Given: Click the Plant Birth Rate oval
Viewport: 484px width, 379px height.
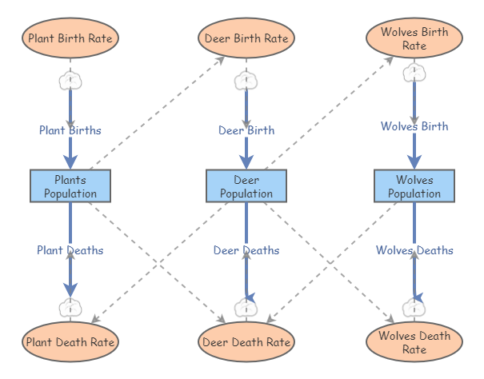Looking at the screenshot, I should [70, 38].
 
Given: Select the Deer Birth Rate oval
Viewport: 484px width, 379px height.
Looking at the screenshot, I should [246, 38].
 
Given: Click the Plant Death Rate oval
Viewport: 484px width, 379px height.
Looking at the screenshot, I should [70, 342].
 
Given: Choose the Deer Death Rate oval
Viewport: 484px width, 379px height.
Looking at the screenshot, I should [246, 342].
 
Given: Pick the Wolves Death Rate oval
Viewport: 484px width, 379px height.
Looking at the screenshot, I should [414, 342].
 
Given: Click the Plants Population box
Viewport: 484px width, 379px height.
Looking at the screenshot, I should [70, 186].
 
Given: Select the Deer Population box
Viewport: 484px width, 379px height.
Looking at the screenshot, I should [246, 186].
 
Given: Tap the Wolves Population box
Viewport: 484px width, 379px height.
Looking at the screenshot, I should [414, 186].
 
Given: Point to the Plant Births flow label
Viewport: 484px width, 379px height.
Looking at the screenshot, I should [70, 130].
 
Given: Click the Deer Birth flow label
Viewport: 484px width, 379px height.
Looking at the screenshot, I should [246, 130].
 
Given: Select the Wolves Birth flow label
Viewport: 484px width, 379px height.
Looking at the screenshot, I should [414, 126].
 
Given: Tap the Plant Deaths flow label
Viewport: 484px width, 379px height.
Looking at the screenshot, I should [70, 250].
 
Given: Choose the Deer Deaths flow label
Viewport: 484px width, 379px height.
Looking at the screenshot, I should [246, 250].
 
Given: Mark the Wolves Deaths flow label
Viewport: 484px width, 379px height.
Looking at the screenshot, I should [414, 250].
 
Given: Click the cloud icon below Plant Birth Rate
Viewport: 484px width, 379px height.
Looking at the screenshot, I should [70, 80].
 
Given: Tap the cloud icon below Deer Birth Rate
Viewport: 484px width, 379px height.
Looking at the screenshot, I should [246, 80].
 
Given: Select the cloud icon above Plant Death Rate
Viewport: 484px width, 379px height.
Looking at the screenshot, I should [70, 306].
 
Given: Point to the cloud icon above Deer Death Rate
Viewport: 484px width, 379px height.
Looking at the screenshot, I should [246, 306].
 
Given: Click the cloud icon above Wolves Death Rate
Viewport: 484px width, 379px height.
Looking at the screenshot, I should [414, 306].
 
